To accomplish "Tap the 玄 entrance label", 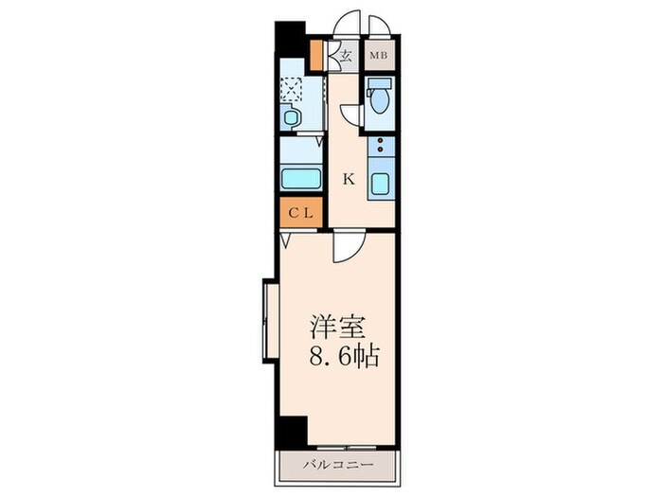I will tap(346, 56).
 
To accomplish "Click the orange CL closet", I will tap(301, 213).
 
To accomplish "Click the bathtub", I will tap(300, 179).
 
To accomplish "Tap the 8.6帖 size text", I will tap(347, 358).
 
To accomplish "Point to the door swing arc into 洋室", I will tap(346, 248).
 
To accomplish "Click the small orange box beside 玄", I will tap(320, 56).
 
